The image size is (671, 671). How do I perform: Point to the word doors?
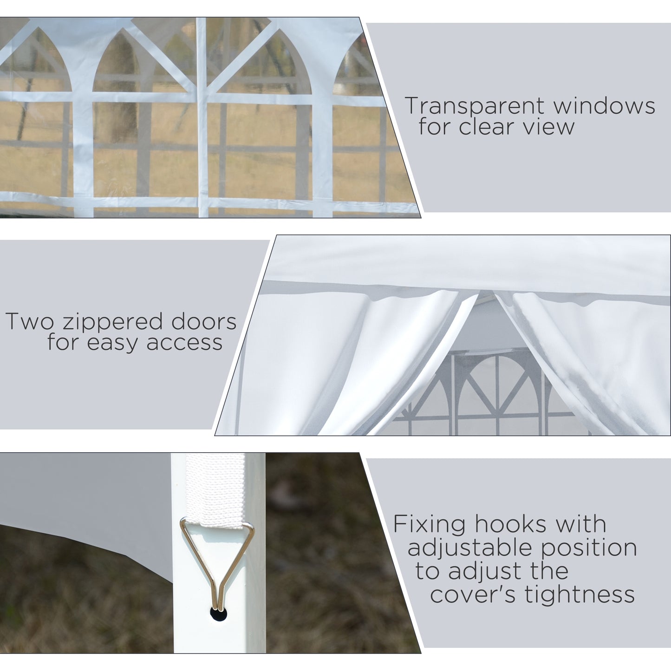coord(203,322)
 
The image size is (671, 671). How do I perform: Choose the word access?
coord(184,343)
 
